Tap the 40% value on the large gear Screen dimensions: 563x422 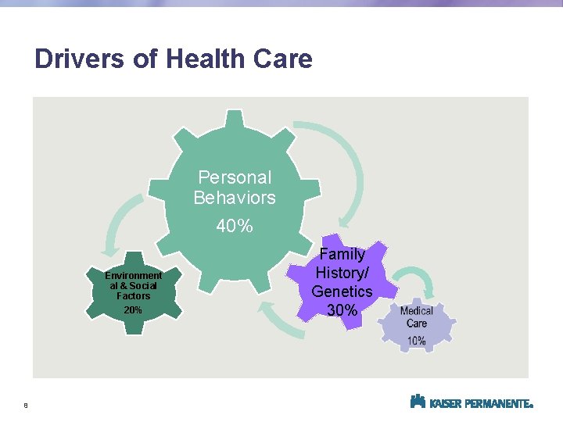[235, 227]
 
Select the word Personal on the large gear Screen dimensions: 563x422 [235, 177]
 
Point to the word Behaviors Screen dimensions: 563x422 [235, 198]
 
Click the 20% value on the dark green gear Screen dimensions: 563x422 [133, 310]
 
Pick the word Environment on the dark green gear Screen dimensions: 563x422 [134, 275]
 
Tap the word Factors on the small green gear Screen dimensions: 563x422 [133, 296]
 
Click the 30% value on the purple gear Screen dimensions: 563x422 [342, 310]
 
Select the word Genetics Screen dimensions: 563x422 [342, 291]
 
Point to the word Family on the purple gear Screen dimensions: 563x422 [342, 254]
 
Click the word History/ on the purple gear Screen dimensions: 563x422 [342, 273]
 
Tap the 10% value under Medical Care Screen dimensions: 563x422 [416, 341]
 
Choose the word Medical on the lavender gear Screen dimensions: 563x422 [416, 311]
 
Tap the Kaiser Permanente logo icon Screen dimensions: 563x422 [418, 402]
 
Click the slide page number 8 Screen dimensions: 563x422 [26, 406]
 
